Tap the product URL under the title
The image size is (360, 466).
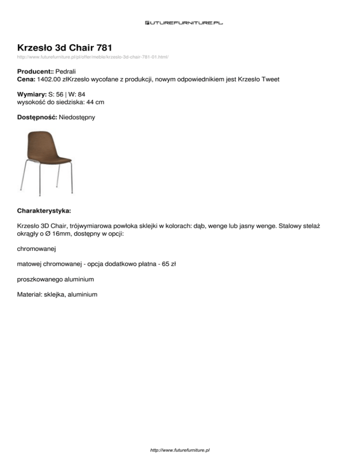click(93, 57)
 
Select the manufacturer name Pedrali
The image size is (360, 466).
click(66, 72)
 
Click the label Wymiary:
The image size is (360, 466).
click(31, 94)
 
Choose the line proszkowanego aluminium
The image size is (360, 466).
click(55, 279)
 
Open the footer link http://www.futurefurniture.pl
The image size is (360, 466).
click(180, 450)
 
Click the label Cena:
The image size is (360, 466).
click(26, 80)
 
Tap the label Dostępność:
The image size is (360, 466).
click(37, 117)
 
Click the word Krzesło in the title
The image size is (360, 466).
click(36, 47)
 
